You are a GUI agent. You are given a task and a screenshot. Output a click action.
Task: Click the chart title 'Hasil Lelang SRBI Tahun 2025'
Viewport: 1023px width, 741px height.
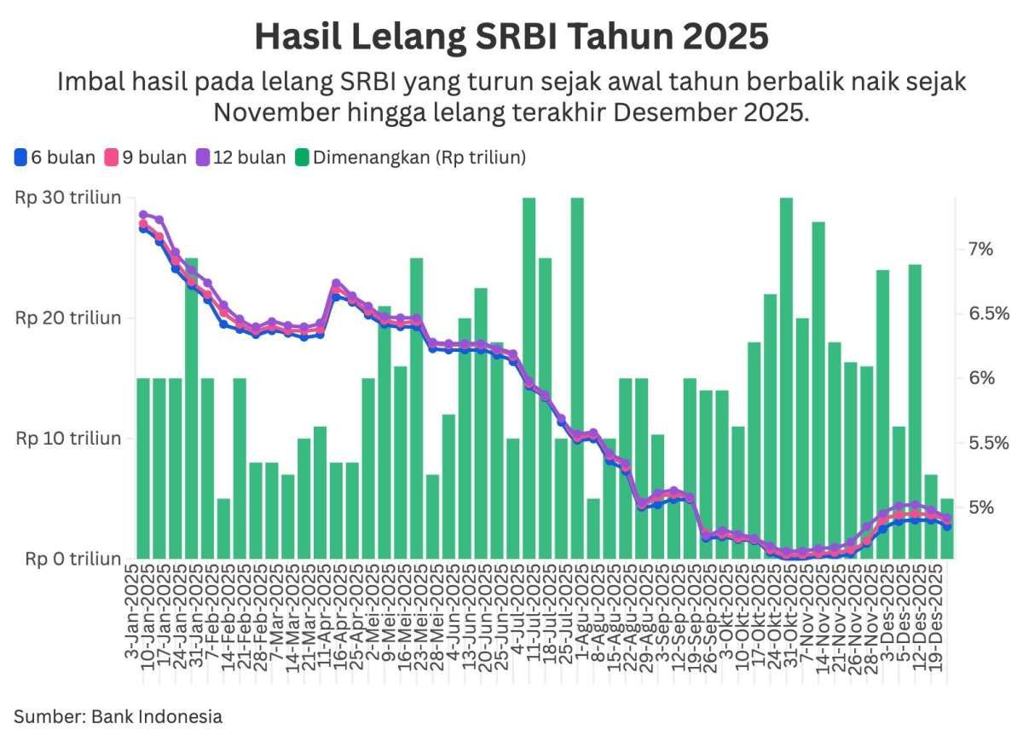[511, 37]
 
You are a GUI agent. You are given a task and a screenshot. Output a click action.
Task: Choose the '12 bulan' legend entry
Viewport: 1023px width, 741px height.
[240, 157]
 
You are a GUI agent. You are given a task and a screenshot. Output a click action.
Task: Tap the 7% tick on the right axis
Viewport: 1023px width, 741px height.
[980, 249]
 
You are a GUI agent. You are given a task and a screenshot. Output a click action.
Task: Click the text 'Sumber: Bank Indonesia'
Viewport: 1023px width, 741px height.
[118, 716]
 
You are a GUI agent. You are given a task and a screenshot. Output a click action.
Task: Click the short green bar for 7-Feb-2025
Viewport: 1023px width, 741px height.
[223, 528]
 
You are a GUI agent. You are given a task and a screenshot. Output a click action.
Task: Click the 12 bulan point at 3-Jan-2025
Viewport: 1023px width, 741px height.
[143, 215]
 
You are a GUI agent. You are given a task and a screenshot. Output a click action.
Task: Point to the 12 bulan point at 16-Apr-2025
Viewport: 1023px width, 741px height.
[336, 283]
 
